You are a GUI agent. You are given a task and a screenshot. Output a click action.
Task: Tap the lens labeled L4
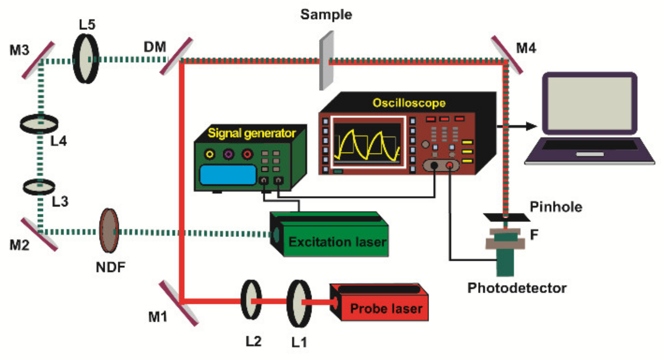(x=39, y=124)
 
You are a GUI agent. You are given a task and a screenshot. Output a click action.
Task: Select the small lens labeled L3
(x=39, y=187)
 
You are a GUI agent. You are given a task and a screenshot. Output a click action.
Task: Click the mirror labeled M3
(x=38, y=60)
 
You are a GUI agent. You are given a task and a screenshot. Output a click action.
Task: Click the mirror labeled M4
(x=507, y=55)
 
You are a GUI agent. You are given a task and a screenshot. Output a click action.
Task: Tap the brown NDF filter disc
(x=109, y=230)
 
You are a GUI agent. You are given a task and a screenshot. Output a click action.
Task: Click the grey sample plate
(x=326, y=61)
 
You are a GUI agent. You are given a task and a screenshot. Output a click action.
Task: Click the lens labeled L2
(x=251, y=300)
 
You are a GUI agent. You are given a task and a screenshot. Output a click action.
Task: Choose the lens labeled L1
(x=299, y=303)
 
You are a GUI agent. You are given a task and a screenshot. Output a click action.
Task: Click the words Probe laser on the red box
(x=386, y=309)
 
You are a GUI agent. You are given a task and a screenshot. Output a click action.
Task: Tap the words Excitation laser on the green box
(x=337, y=242)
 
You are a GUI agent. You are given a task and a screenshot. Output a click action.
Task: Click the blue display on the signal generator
(x=228, y=175)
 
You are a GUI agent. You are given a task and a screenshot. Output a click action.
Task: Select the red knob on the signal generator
(x=247, y=154)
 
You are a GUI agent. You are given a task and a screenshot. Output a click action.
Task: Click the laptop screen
(x=590, y=103)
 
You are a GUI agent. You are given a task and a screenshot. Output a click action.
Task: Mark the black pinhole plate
(x=506, y=217)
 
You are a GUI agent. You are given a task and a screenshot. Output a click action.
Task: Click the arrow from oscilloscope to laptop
(x=518, y=126)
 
